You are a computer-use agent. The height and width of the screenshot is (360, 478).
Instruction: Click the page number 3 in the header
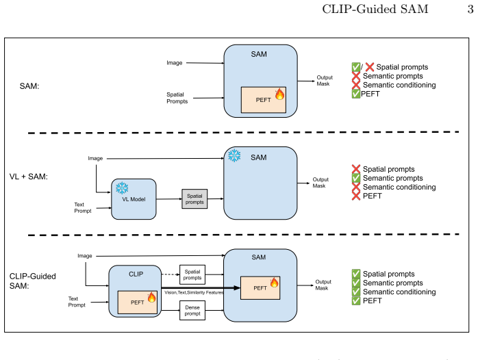coord(470,9)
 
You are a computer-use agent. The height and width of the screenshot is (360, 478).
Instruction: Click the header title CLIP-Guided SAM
coord(375,9)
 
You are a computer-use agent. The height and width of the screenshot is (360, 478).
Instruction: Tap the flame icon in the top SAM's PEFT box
coord(279,94)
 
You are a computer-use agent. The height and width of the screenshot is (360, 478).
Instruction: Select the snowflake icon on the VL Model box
coord(122,188)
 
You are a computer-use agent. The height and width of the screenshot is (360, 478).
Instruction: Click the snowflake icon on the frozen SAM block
coord(234,155)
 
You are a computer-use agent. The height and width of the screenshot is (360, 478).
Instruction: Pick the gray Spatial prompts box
coord(194,199)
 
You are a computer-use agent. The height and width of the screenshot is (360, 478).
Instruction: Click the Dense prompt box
coord(192,310)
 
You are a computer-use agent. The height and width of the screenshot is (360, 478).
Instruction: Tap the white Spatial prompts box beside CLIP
coord(192,274)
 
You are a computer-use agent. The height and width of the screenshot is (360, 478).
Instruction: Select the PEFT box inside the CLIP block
coord(138,302)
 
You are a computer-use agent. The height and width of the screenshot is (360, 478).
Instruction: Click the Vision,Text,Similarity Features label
coord(194,292)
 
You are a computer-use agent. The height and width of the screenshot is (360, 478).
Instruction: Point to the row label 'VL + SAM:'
coord(29,177)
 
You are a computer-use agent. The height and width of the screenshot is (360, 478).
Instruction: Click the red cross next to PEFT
coord(355,196)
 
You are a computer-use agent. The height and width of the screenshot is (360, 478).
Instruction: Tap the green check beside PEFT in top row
coord(355,94)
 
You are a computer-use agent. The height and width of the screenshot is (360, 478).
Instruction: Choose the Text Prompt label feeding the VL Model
coord(83,207)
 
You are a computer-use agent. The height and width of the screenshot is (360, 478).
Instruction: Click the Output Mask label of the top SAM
coord(325,81)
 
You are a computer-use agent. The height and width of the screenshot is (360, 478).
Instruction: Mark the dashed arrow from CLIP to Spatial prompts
coord(171,274)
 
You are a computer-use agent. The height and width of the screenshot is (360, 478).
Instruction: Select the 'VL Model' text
coord(134,199)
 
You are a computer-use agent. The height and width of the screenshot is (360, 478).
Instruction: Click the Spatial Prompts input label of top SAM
coord(177,98)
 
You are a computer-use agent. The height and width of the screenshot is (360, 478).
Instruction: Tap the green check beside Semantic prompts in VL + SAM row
coord(355,178)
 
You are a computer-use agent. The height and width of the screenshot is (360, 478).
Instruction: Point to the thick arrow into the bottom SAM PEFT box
coord(201,287)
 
